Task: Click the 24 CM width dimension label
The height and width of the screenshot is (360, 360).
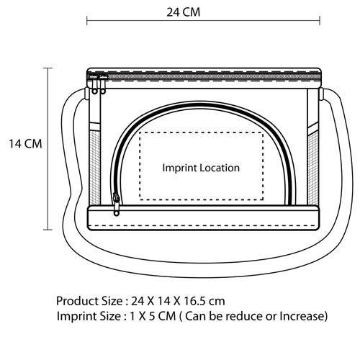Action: (x=184, y=12)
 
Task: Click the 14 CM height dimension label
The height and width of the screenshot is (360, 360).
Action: (x=25, y=144)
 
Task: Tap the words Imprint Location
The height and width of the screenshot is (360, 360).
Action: (x=201, y=168)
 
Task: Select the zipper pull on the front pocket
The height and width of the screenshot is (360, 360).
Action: (x=116, y=204)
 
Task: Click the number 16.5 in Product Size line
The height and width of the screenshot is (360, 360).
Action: (x=194, y=301)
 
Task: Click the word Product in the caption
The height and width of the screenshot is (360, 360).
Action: (x=73, y=301)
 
